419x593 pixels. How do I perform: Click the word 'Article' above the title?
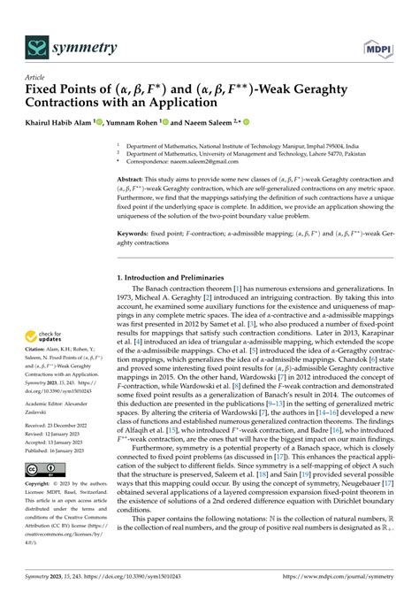tap(35, 77)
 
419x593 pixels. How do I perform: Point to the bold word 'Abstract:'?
tap(133, 178)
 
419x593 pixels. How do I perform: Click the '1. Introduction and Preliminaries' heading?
tap(176, 278)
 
